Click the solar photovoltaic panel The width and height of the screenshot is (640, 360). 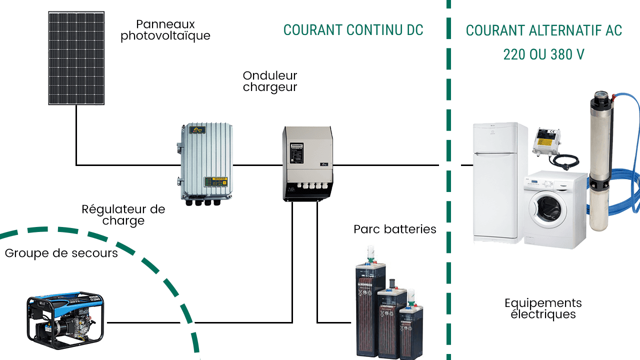click(76, 58)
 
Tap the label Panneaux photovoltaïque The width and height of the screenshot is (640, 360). click(165, 30)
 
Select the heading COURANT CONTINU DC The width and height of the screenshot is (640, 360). click(353, 30)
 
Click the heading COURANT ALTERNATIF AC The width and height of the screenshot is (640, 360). click(543, 30)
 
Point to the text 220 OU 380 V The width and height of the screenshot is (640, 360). click(543, 54)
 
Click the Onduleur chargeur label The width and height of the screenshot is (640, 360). click(270, 81)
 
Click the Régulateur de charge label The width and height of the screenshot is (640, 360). click(123, 214)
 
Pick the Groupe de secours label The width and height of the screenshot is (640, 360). click(61, 253)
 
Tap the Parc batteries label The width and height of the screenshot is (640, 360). click(395, 229)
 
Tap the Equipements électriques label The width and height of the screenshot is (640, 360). click(543, 308)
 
